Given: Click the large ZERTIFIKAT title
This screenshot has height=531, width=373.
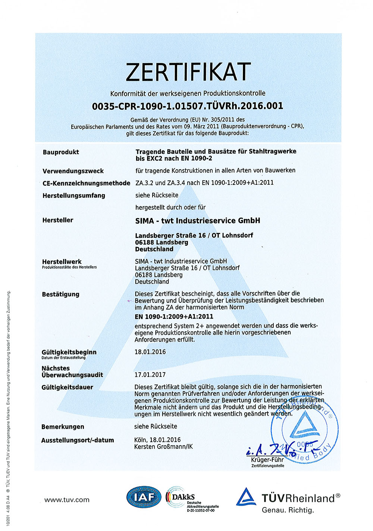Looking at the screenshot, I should point(188,72).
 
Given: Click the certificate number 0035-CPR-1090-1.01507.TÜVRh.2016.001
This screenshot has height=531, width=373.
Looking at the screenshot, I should point(188,106).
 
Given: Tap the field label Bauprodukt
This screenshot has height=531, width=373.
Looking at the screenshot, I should point(61,152).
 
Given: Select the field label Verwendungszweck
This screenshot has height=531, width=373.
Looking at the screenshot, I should point(73,171).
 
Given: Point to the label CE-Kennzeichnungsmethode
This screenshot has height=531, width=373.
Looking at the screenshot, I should point(86,183).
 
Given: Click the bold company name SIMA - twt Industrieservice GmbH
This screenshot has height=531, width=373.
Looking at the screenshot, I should point(198,221).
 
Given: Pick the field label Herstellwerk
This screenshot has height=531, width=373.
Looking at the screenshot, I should point(62,262).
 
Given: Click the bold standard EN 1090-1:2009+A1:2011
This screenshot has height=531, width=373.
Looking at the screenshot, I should point(174,316).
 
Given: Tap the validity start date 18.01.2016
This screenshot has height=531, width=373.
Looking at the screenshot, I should point(150,352).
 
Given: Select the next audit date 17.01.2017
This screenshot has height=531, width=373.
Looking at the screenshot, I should point(150,375).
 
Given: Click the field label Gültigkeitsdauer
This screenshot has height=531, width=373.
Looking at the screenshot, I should point(67,387).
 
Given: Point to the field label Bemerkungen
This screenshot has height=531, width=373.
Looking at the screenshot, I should point(63,427).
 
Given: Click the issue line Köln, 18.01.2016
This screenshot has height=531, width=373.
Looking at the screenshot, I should point(157,440).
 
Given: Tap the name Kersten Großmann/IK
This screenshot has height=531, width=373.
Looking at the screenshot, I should point(163,447).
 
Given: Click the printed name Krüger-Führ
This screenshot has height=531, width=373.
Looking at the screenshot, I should point(267,460).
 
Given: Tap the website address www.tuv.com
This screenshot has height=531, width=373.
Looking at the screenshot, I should point(67,500).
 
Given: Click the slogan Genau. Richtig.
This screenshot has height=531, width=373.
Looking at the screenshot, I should point(288,510).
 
